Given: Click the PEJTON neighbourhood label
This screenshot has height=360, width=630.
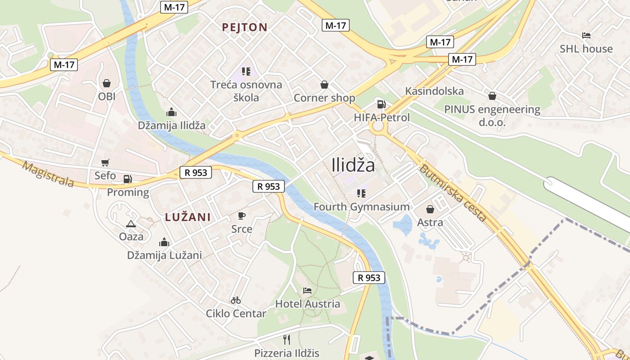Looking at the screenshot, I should [x=245, y=27].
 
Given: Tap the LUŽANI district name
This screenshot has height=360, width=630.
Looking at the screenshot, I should [x=188, y=217].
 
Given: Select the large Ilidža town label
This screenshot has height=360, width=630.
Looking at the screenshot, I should [x=353, y=165].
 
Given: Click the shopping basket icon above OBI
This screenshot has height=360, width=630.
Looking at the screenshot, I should [x=107, y=83].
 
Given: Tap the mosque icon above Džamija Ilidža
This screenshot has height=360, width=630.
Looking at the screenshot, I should [x=171, y=112].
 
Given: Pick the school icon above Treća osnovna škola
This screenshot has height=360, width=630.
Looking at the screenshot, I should [x=246, y=71].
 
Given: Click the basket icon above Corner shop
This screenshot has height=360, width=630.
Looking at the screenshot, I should [x=324, y=85].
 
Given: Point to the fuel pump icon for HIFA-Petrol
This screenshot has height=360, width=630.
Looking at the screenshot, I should [x=381, y=104].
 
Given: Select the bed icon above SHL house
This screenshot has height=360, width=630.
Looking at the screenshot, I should [x=586, y=36].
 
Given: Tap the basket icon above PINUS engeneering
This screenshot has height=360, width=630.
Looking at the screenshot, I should [x=492, y=96].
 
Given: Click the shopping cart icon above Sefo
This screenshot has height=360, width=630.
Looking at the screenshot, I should [x=105, y=162].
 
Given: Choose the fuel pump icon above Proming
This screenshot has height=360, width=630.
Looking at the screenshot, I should [x=128, y=179].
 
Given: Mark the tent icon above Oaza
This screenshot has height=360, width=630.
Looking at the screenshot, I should [x=131, y=224].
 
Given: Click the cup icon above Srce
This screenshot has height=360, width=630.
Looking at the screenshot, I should [x=242, y=216].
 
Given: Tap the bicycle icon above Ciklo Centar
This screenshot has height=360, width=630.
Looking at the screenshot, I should [x=236, y=300].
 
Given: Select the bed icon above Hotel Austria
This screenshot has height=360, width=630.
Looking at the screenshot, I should [x=307, y=290].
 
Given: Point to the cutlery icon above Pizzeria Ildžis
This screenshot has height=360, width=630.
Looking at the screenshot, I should [x=287, y=339].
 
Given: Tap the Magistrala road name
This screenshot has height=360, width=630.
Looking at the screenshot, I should [x=48, y=174].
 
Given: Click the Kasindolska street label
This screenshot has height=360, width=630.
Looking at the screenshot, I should [x=434, y=91].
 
